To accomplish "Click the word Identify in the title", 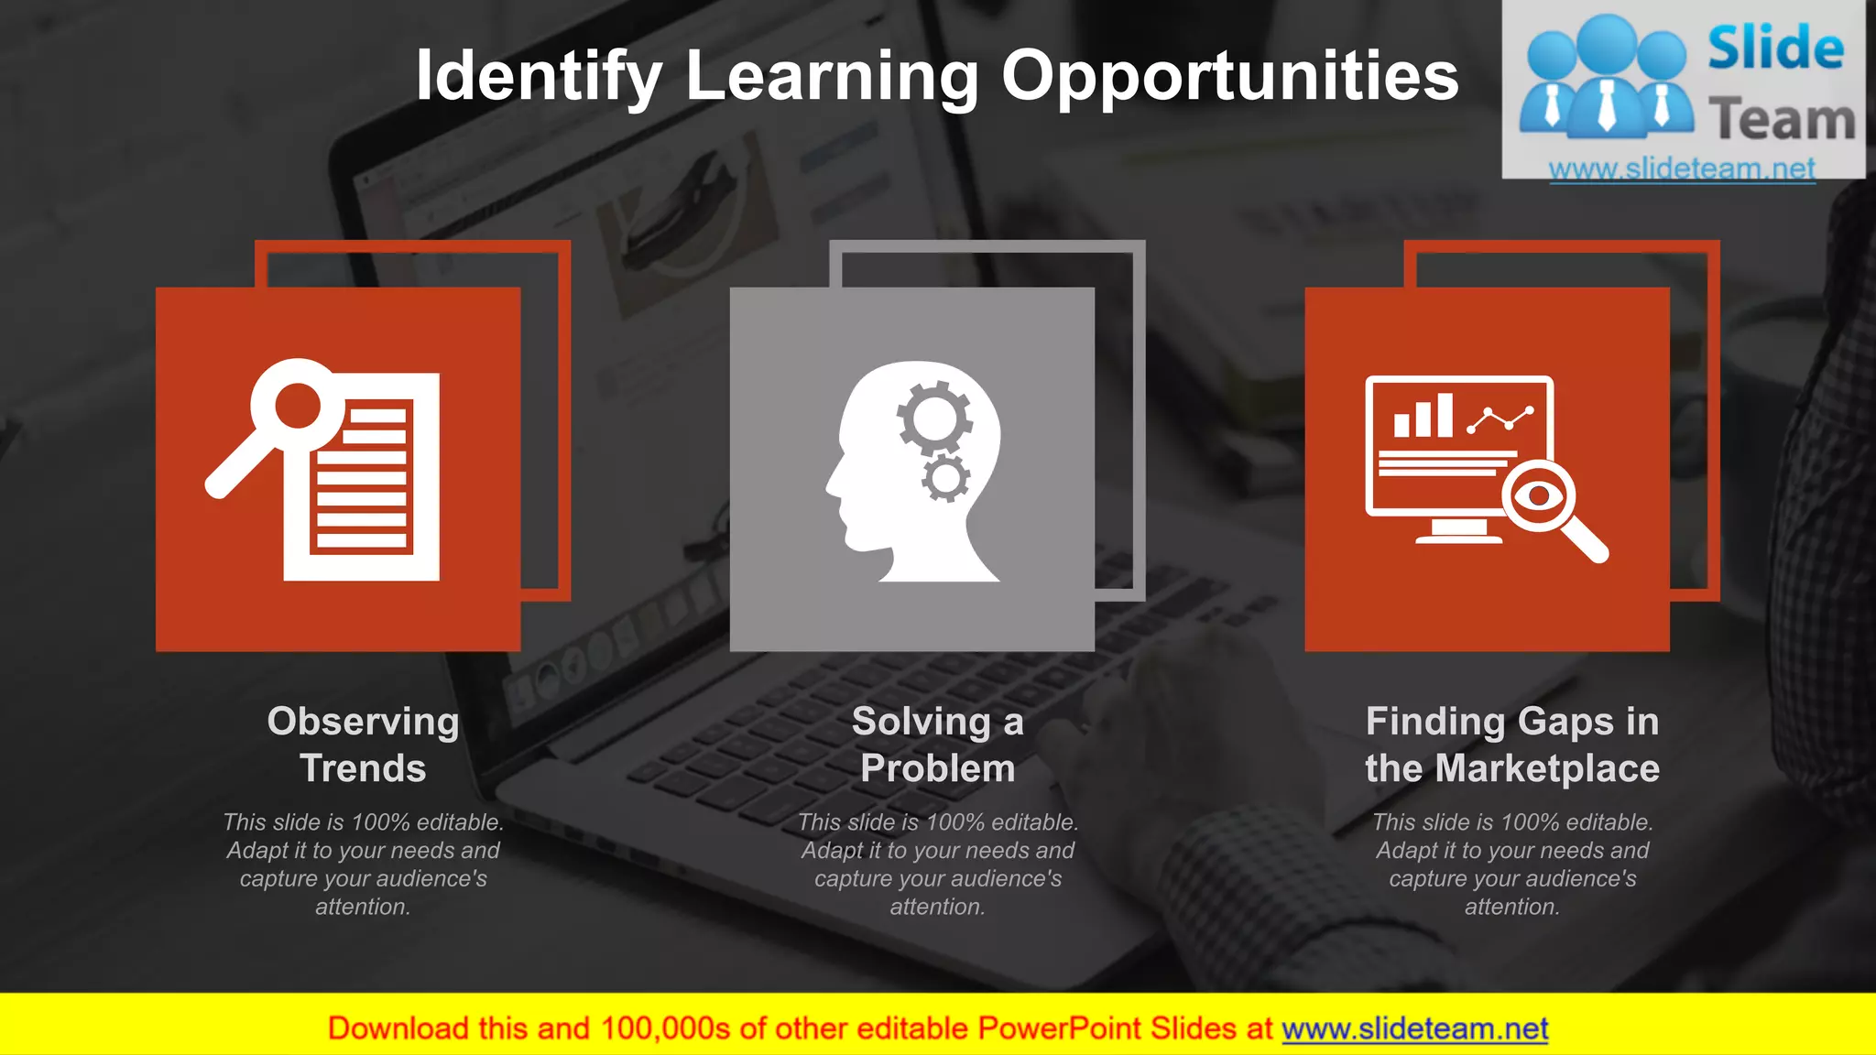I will pos(539,77).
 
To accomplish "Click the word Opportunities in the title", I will pos(1229,77).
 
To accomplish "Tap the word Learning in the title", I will pos(832,77).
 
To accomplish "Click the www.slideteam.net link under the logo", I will pos(1682,169).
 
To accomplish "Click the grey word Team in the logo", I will pos(1782,120).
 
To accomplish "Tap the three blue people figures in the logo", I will pos(1606,78).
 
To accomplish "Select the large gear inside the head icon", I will pos(933,419).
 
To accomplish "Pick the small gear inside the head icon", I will pos(945,478).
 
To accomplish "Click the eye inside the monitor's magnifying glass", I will pos(1538,495).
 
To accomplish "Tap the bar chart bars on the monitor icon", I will pos(1423,417).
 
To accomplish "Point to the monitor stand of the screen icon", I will pos(1458,531).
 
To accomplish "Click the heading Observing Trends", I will pos(363,744).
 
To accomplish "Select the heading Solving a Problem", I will pos(937,744).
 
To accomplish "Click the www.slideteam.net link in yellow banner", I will pos(1414,1028).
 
